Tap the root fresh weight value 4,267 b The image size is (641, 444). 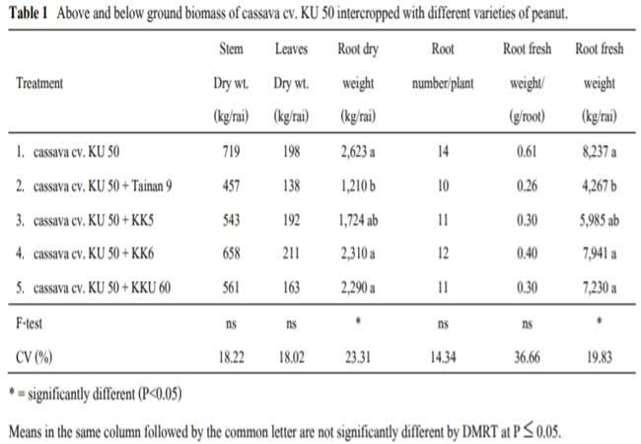(596, 186)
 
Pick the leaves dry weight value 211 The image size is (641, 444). (290, 254)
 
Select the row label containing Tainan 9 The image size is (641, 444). (88, 186)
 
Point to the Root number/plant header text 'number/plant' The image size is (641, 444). (443, 84)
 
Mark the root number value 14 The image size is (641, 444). (443, 153)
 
